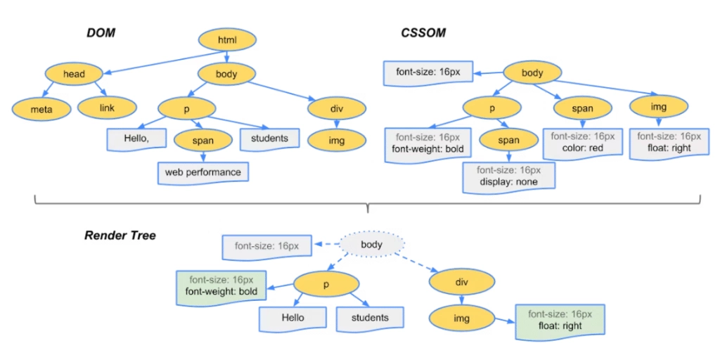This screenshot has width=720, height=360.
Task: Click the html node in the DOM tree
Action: point(227,40)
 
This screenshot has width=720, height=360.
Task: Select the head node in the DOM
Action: point(74,73)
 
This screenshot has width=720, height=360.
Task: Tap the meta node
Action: point(41,109)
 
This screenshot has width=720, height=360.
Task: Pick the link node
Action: point(106,108)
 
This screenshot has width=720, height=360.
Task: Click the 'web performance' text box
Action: point(202,172)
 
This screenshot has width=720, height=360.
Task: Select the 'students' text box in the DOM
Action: point(269,139)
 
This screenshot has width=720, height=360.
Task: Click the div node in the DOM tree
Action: point(337,108)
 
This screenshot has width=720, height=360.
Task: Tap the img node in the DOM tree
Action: point(337,141)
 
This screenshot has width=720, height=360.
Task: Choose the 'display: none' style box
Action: point(508,176)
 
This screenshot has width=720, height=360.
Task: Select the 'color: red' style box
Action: point(582,142)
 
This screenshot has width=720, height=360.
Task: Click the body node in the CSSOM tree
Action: point(532,72)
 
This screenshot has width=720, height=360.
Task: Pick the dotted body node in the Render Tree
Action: point(371,245)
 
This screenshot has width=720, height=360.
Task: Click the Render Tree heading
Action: point(120,236)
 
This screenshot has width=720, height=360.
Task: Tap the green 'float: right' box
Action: point(560,321)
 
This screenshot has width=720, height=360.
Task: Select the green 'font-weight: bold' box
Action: point(221,285)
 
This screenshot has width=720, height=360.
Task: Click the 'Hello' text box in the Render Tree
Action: point(293,318)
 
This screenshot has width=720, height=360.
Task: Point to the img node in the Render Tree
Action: point(461,319)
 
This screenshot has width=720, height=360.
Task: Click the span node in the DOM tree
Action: point(202,141)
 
